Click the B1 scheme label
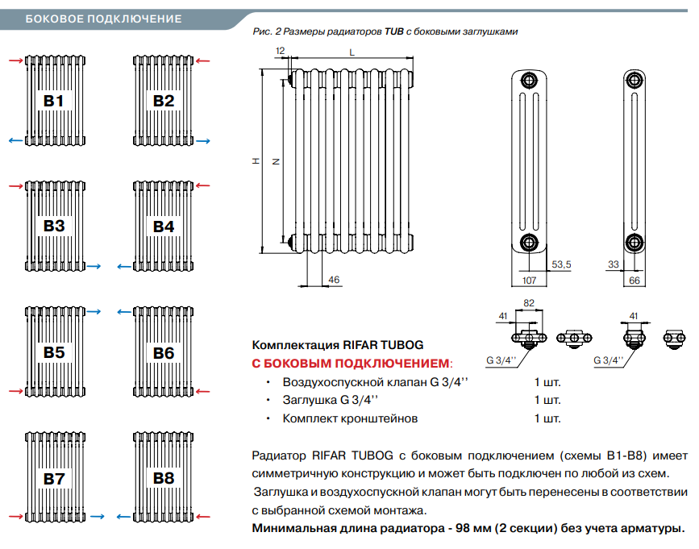pyautogui.click(x=54, y=101)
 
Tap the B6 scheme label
pyautogui.click(x=164, y=352)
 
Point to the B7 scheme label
pyautogui.click(x=54, y=478)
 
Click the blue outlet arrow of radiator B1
pyautogui.click(x=15, y=141)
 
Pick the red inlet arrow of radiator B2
pyautogui.click(x=203, y=60)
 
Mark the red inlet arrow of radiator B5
pyautogui.click(x=15, y=392)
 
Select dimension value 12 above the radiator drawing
pyautogui.click(x=280, y=51)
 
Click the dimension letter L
pyautogui.click(x=352, y=51)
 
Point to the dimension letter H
pyautogui.click(x=256, y=161)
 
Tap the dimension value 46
pyautogui.click(x=335, y=280)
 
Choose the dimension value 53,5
pyautogui.click(x=561, y=264)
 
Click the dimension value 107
pyautogui.click(x=529, y=281)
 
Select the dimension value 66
pyautogui.click(x=634, y=281)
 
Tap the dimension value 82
pyautogui.click(x=530, y=302)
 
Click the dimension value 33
pyautogui.click(x=613, y=264)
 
